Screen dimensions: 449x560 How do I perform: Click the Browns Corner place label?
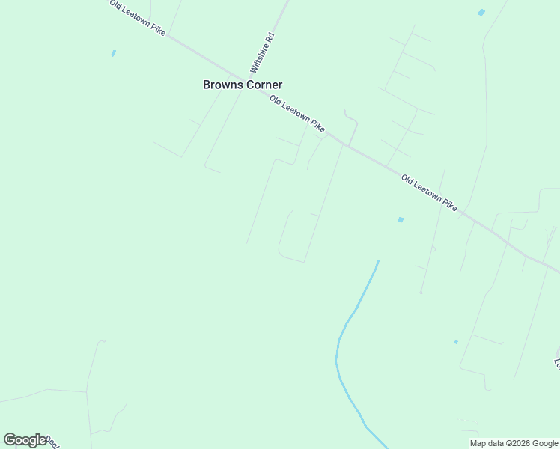pos(243,85)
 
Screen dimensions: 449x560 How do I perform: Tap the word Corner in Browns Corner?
pos(261,85)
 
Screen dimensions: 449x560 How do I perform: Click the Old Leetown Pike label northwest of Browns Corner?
pos(137,18)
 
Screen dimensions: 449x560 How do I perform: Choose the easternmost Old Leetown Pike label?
pos(429,192)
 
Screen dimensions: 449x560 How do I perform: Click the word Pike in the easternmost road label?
pos(447,204)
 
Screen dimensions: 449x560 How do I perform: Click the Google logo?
pos(25,440)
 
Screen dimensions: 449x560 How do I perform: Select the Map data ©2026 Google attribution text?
pos(514,443)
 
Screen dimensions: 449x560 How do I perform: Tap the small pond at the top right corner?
pos(481,13)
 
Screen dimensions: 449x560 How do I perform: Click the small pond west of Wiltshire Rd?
pos(113,53)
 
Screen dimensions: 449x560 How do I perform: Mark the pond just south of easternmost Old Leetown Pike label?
pos(401,219)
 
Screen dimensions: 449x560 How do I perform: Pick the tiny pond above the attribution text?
pos(455,342)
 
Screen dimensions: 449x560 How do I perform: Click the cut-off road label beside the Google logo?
pos(53,442)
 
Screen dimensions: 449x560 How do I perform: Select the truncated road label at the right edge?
pos(556,363)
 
